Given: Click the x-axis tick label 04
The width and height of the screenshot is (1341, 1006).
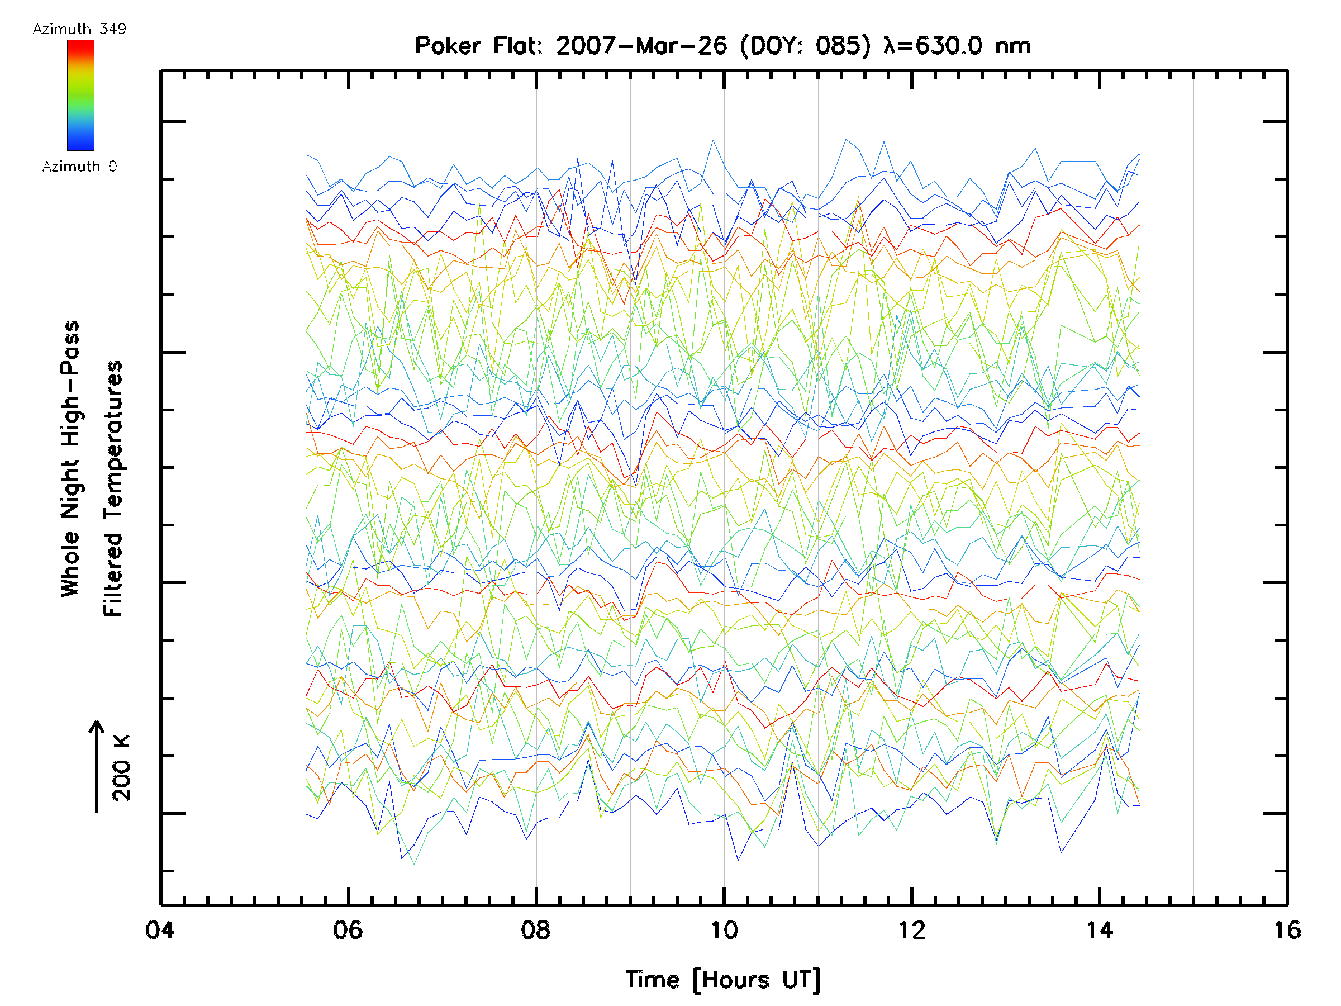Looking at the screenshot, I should click(159, 930).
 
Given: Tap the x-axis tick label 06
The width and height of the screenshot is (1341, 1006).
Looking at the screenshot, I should click(348, 930).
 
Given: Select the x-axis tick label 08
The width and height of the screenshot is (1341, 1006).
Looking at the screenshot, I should click(536, 930).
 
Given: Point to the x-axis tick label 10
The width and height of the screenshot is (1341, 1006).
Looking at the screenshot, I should click(724, 930).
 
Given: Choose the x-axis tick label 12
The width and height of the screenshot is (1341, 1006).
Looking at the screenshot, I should click(912, 930).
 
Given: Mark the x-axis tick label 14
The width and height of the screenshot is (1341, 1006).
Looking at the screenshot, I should click(1099, 930).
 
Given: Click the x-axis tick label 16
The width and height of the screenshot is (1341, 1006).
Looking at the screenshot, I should click(1286, 930).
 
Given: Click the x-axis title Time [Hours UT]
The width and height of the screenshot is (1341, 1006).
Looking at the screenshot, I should click(723, 980).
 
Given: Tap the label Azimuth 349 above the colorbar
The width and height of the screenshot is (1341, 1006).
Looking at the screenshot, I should click(79, 29).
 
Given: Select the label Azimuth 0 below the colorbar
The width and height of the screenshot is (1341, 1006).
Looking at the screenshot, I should click(79, 167).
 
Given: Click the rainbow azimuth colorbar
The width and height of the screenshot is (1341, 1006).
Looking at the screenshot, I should click(80, 95).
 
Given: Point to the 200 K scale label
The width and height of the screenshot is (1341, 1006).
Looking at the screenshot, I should click(121, 768).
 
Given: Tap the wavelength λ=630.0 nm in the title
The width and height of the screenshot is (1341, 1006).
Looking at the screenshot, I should click(957, 46).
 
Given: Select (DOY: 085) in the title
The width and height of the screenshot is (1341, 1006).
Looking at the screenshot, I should click(805, 46).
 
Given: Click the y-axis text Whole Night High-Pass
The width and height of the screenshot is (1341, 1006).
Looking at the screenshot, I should click(70, 459).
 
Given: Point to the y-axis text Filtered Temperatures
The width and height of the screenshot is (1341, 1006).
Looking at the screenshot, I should click(113, 489).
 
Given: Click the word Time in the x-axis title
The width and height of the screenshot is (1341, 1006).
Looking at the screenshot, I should click(652, 980).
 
